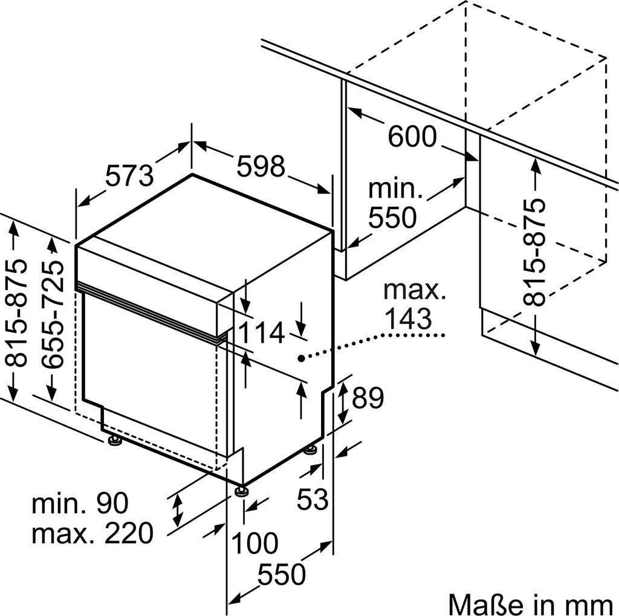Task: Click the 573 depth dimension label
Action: tap(129, 176)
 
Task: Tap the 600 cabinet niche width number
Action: tap(412, 137)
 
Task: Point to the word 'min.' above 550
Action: tap(395, 189)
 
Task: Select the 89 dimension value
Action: tap(368, 398)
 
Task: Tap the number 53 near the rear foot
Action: tap(313, 498)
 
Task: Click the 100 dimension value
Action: tap(254, 543)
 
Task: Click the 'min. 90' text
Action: tap(80, 503)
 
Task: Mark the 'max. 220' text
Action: tap(92, 533)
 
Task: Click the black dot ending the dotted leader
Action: tap(300, 358)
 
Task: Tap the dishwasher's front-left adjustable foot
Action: tap(113, 440)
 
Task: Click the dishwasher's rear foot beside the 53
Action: tap(310, 450)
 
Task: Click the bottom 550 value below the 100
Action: tap(281, 574)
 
